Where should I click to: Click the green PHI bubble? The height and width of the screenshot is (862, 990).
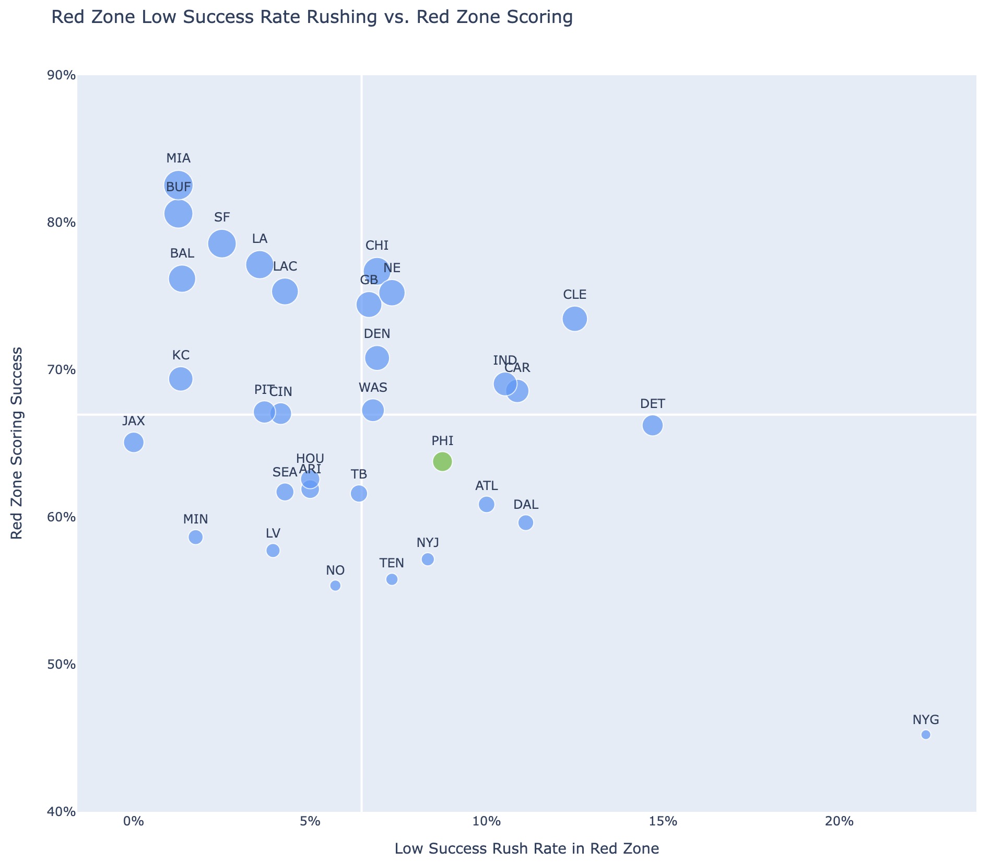pyautogui.click(x=442, y=461)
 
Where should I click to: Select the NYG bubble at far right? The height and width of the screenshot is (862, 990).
pyautogui.click(x=926, y=735)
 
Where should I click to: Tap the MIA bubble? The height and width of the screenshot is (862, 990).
pyautogui.click(x=179, y=185)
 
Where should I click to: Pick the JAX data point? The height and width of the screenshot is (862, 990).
pyautogui.click(x=134, y=442)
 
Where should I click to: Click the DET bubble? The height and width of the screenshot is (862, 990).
pyautogui.click(x=653, y=425)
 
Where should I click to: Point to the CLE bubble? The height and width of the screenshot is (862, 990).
pyautogui.click(x=575, y=319)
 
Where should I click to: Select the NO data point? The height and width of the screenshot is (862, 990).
pyautogui.click(x=335, y=585)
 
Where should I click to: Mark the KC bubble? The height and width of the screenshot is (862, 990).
pyautogui.click(x=181, y=378)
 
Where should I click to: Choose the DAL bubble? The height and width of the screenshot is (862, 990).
pyautogui.click(x=526, y=522)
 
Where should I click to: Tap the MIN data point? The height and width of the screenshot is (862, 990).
pyautogui.click(x=195, y=537)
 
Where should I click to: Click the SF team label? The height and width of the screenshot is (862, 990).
pyautogui.click(x=222, y=217)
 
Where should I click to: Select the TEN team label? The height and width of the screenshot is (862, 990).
pyautogui.click(x=392, y=563)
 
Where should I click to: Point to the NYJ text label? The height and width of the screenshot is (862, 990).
pyautogui.click(x=428, y=543)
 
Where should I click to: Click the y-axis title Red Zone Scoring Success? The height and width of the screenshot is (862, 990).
pyautogui.click(x=17, y=443)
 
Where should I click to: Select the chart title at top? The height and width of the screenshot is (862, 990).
pyautogui.click(x=312, y=18)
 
